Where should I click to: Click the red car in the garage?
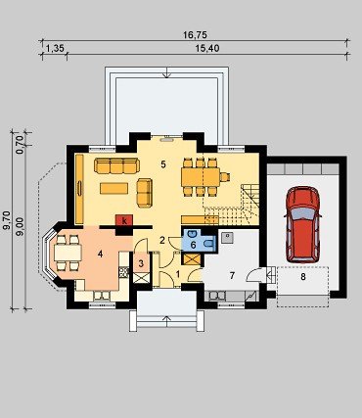tap(302, 225)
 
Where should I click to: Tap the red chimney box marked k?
tap(124, 220)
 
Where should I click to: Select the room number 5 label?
tap(163, 164)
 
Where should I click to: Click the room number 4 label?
tap(100, 254)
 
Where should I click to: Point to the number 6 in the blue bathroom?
tap(193, 245)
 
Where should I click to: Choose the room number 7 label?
tap(232, 276)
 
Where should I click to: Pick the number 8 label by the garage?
tap(303, 277)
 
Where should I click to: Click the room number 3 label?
tap(141, 263)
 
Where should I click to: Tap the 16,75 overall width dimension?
tap(195, 35)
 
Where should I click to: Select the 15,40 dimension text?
tap(207, 49)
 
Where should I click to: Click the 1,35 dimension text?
tap(55, 49)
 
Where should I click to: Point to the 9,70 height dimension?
tap(7, 220)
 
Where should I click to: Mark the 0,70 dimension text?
tap(20, 144)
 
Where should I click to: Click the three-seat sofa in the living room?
tap(116, 165)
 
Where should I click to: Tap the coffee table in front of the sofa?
tap(113, 188)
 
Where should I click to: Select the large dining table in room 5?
tap(201, 177)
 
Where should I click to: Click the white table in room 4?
tap(68, 253)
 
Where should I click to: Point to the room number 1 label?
tap(178, 274)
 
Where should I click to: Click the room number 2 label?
tap(162, 241)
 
